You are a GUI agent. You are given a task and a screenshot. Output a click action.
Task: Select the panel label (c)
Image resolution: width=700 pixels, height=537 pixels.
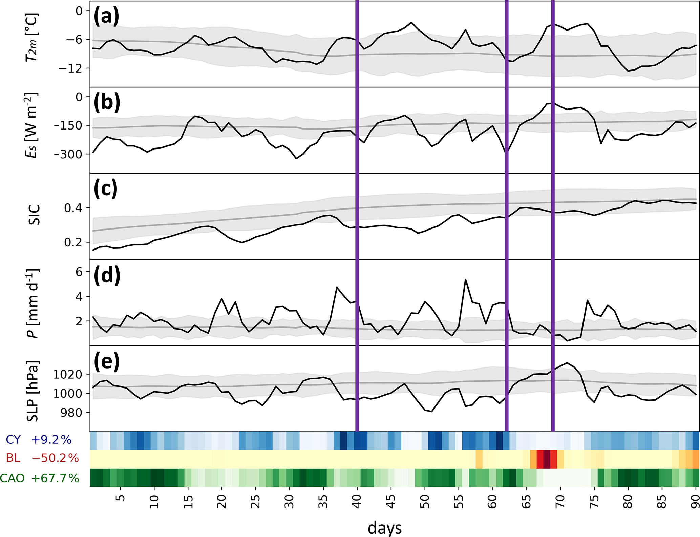click(106, 188)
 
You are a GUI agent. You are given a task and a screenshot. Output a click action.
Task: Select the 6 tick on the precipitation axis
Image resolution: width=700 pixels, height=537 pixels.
click(79, 272)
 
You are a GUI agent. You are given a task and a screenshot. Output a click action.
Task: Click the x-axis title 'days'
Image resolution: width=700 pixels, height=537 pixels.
click(385, 528)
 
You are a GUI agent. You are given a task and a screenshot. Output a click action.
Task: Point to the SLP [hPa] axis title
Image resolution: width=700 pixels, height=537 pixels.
click(33, 391)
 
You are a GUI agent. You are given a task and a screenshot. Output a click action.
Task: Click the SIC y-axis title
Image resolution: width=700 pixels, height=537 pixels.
click(34, 215)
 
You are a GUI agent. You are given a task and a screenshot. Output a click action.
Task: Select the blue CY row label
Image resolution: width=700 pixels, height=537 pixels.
click(13, 440)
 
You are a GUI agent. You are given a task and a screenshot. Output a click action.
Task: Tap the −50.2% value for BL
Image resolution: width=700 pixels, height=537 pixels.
click(55, 458)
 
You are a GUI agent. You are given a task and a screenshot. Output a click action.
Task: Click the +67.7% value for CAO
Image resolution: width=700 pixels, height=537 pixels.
click(55, 478)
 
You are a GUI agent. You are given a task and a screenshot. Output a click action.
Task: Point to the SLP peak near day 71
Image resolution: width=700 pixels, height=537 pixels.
click(567, 363)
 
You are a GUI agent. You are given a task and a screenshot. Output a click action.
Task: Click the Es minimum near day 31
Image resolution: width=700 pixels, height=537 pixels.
click(296, 158)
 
